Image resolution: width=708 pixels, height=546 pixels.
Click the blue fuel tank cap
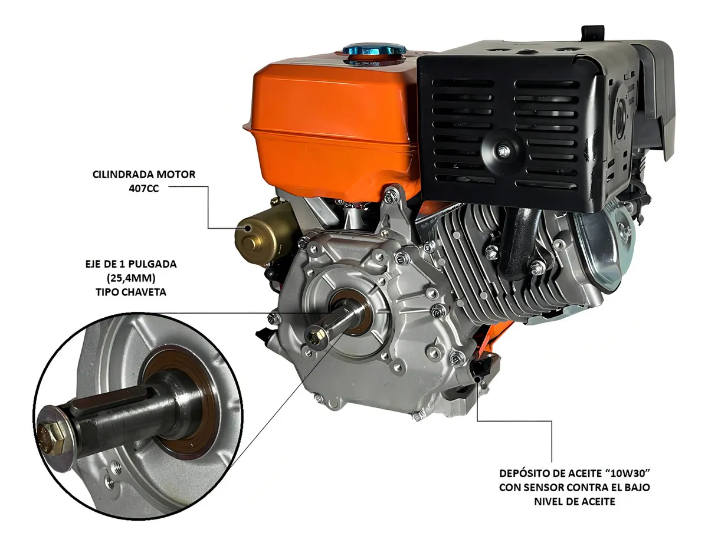375,54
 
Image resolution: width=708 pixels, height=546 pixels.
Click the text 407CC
144,189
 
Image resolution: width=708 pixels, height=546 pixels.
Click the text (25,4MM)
131,278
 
